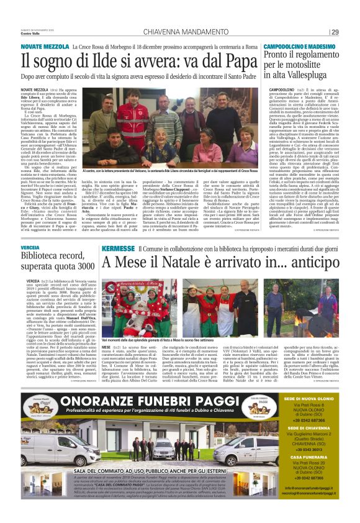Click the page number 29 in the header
pyautogui.click(x=335, y=32)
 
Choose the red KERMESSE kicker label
pyautogui.click(x=118, y=248)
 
